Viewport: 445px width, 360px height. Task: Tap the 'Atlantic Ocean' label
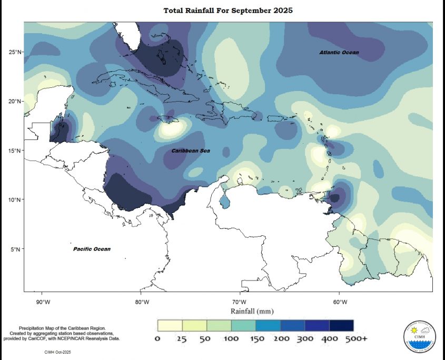(339, 53)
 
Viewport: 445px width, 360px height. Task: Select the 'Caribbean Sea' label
(190, 151)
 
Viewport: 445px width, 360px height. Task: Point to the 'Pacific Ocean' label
(92, 249)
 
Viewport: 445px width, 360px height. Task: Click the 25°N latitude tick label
(15, 52)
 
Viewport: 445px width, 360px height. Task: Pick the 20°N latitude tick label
(15, 102)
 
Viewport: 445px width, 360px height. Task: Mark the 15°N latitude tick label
(15, 151)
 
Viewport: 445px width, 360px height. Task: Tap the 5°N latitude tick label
(16, 249)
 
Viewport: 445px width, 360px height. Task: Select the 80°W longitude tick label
(142, 302)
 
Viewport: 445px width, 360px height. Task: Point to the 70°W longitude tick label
(240, 302)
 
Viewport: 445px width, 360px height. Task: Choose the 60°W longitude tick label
(340, 302)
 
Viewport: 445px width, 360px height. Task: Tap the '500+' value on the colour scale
(355, 338)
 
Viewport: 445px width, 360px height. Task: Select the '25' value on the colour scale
(182, 338)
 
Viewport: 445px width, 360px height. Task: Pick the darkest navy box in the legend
(341, 325)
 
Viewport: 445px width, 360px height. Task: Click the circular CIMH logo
(420, 335)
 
